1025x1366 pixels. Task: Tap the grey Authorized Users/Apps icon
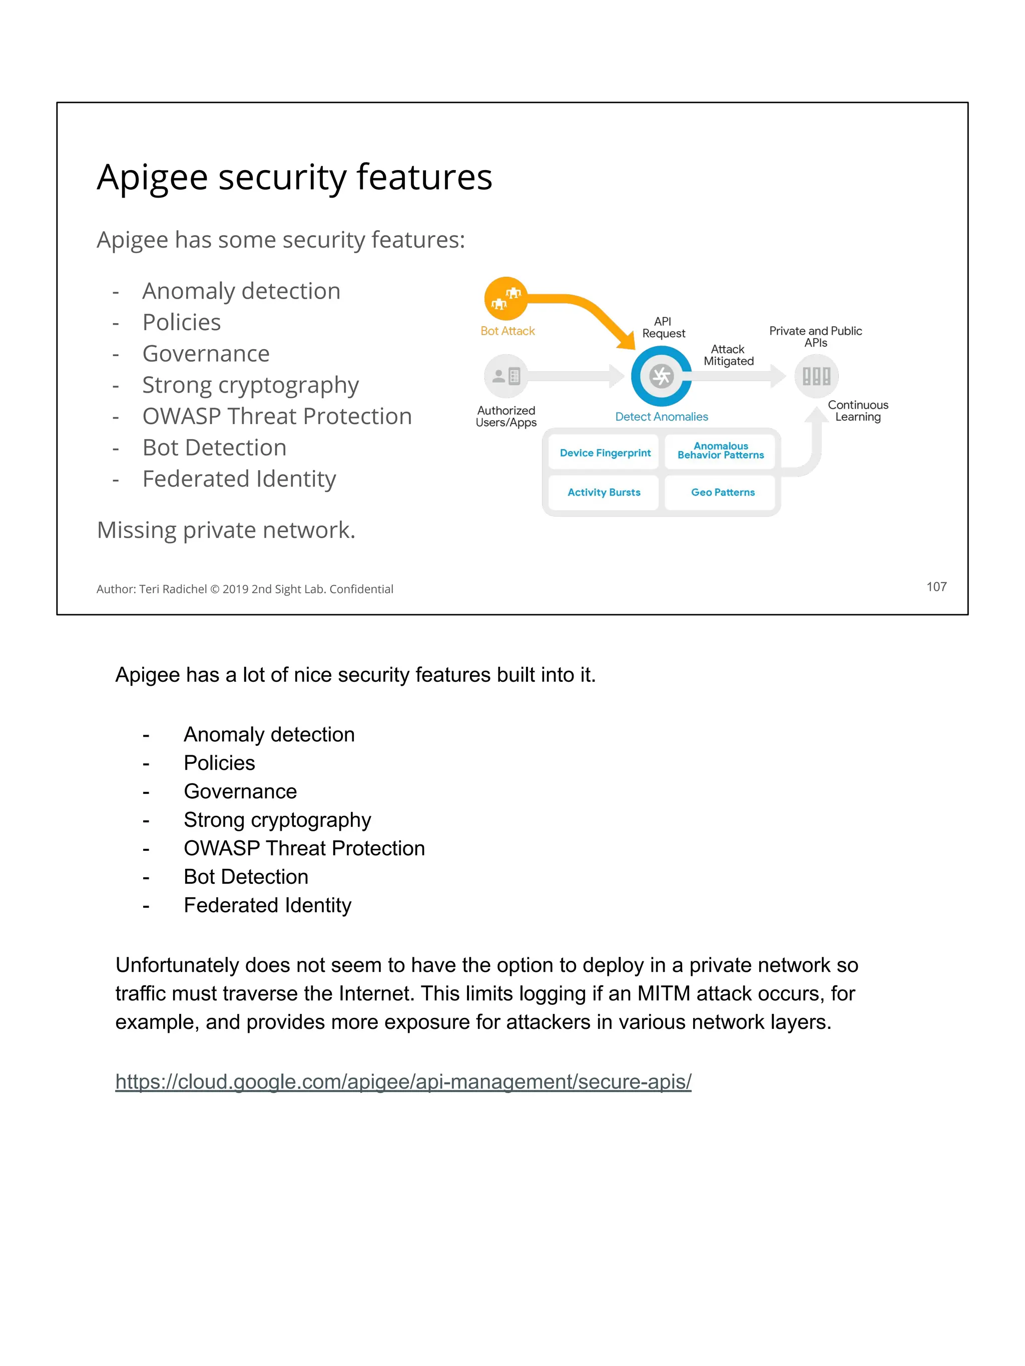(x=506, y=376)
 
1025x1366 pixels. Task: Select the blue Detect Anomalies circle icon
(x=661, y=376)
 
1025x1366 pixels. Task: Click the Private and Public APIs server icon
(x=816, y=376)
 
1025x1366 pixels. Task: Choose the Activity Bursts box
(x=604, y=492)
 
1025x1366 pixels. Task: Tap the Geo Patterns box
(x=722, y=492)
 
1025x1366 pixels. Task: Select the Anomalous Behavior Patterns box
(x=720, y=451)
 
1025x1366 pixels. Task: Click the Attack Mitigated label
(x=728, y=355)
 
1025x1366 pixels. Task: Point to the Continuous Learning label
(x=857, y=411)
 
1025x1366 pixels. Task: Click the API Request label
(x=663, y=327)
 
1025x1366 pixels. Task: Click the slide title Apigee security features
(x=295, y=177)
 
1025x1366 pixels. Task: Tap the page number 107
(x=936, y=587)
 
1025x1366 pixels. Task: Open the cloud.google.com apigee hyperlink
(x=403, y=1082)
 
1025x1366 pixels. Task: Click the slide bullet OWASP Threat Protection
(x=277, y=416)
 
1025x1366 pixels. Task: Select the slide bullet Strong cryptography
(x=250, y=385)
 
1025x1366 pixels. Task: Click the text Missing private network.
(x=226, y=530)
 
